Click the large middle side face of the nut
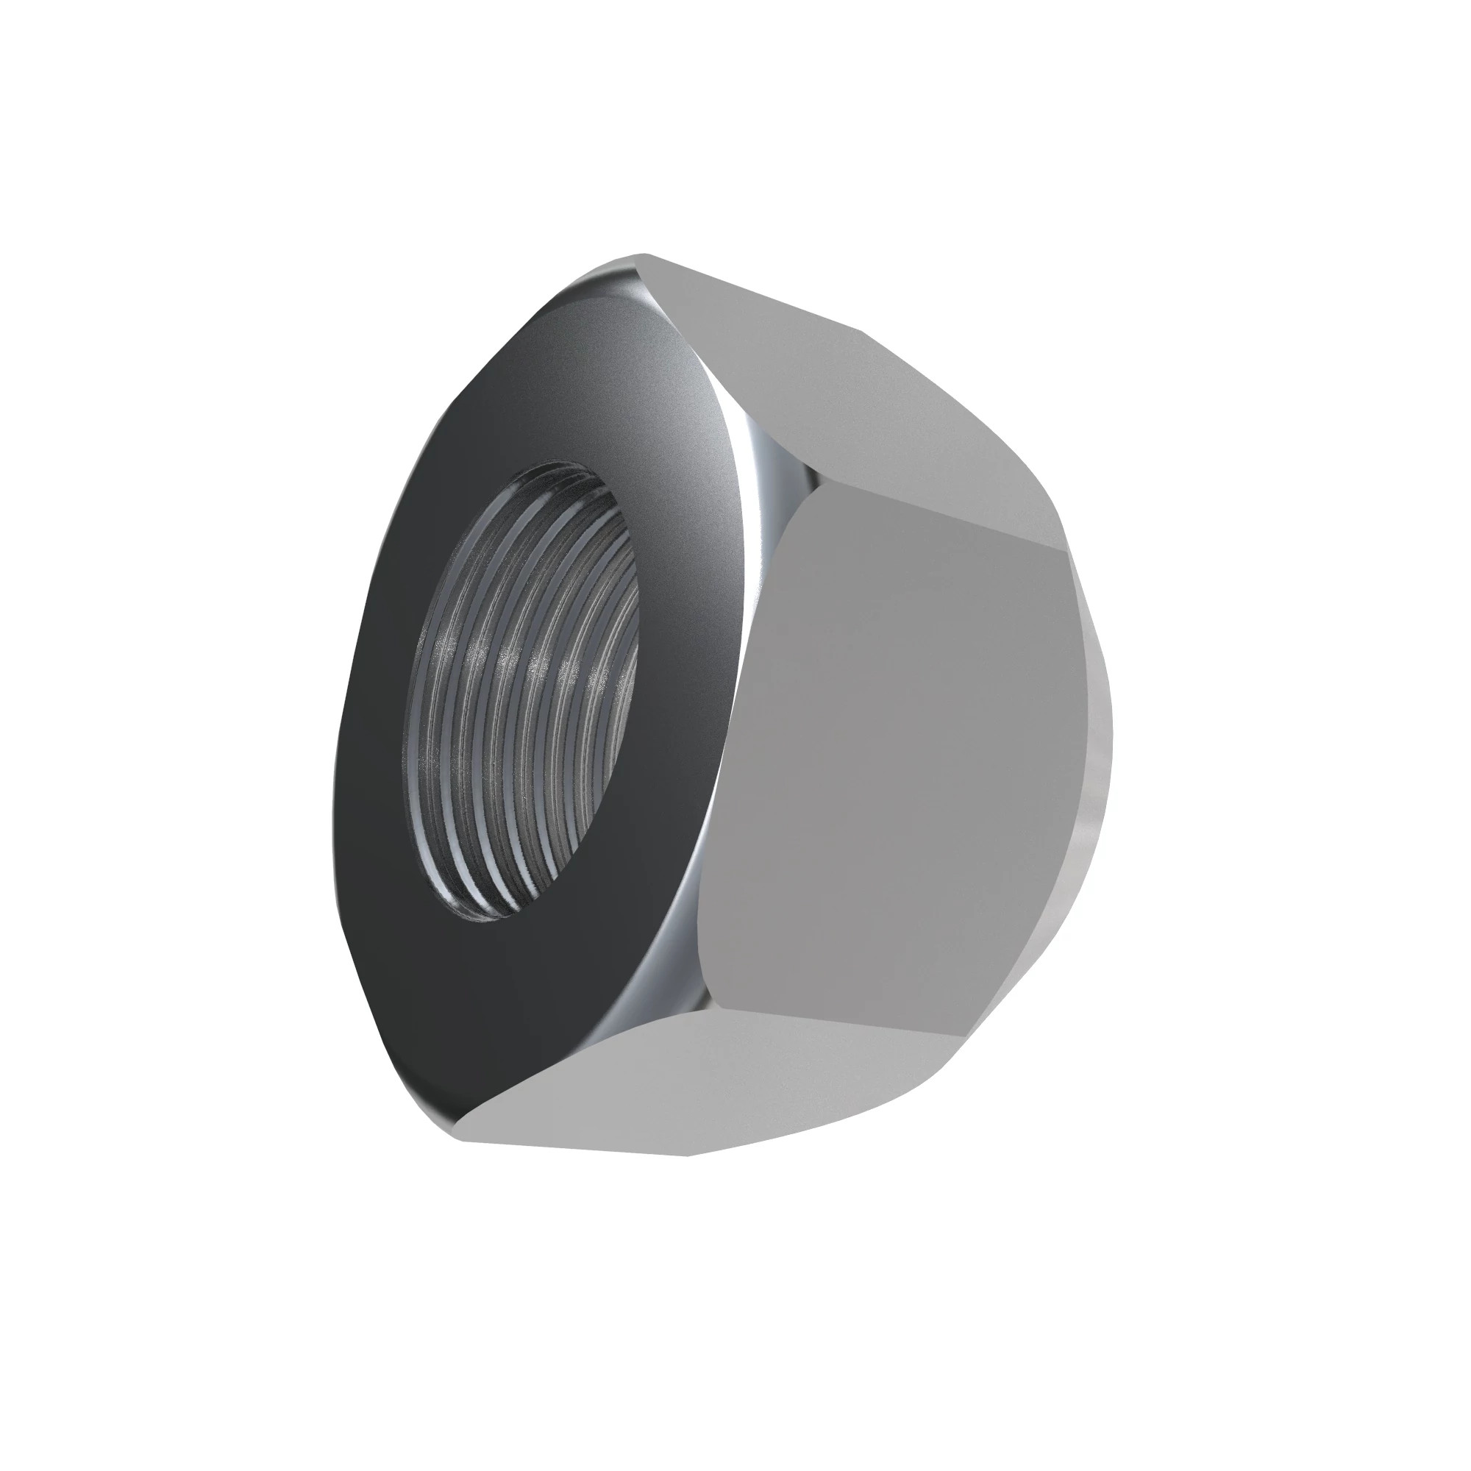(x=899, y=761)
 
